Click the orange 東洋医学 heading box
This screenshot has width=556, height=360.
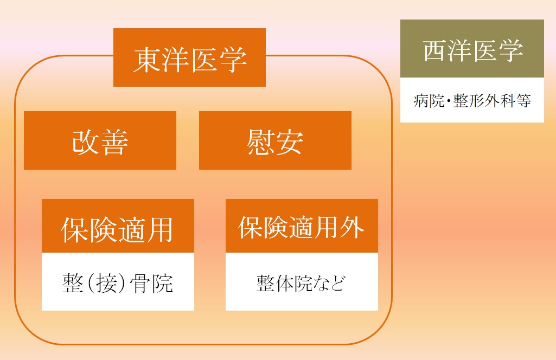pyautogui.click(x=189, y=57)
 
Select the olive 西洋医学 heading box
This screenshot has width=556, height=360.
pyautogui.click(x=472, y=49)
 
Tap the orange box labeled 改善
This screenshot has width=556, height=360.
pyautogui.click(x=100, y=140)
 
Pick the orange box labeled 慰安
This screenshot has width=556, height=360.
pyautogui.click(x=275, y=140)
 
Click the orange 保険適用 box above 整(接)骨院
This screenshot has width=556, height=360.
pyautogui.click(x=118, y=226)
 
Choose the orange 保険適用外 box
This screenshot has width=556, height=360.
pyautogui.click(x=302, y=226)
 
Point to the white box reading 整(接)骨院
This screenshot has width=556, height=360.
pyautogui.click(x=118, y=282)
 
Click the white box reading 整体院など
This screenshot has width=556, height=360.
pyautogui.click(x=302, y=282)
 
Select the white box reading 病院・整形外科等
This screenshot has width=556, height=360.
pyautogui.click(x=472, y=100)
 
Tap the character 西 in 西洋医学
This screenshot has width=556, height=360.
pyautogui.click(x=434, y=50)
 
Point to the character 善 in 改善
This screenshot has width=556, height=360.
pyautogui.click(x=114, y=142)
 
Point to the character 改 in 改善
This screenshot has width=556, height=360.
pyautogui.click(x=86, y=142)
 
